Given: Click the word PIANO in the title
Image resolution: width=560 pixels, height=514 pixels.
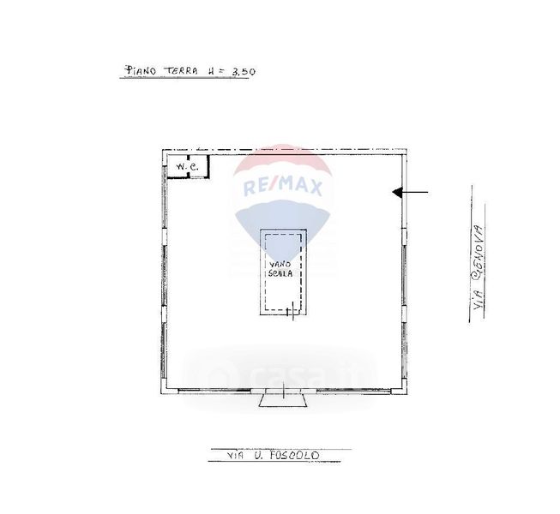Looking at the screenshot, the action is pyautogui.click(x=140, y=70).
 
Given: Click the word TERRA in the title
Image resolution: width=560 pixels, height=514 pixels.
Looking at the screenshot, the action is pyautogui.click(x=181, y=70).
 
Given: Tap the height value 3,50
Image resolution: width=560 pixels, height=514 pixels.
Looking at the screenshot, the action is pyautogui.click(x=244, y=72).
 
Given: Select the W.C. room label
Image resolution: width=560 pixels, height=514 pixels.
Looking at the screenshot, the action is pyautogui.click(x=188, y=166).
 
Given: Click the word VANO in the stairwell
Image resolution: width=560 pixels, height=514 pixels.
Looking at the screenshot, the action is pyautogui.click(x=280, y=265).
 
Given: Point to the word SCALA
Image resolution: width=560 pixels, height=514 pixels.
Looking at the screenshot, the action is pyautogui.click(x=280, y=273).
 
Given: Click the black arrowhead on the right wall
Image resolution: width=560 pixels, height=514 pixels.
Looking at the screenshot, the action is pyautogui.click(x=398, y=192).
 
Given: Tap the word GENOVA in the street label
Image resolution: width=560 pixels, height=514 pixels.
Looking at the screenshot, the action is pyautogui.click(x=479, y=251).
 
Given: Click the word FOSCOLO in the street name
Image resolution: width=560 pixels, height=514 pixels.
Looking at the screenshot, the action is pyautogui.click(x=294, y=455).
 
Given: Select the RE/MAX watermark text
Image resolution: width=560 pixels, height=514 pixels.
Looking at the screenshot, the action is pyautogui.click(x=282, y=187).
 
